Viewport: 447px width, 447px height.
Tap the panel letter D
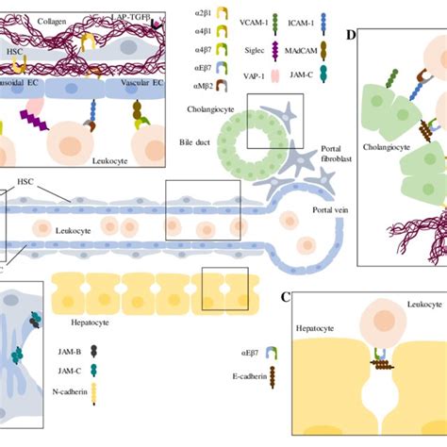pyautogui.click(x=352, y=37)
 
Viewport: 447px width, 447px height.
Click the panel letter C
pyautogui.click(x=285, y=298)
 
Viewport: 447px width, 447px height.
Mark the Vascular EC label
pyautogui.click(x=140, y=86)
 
